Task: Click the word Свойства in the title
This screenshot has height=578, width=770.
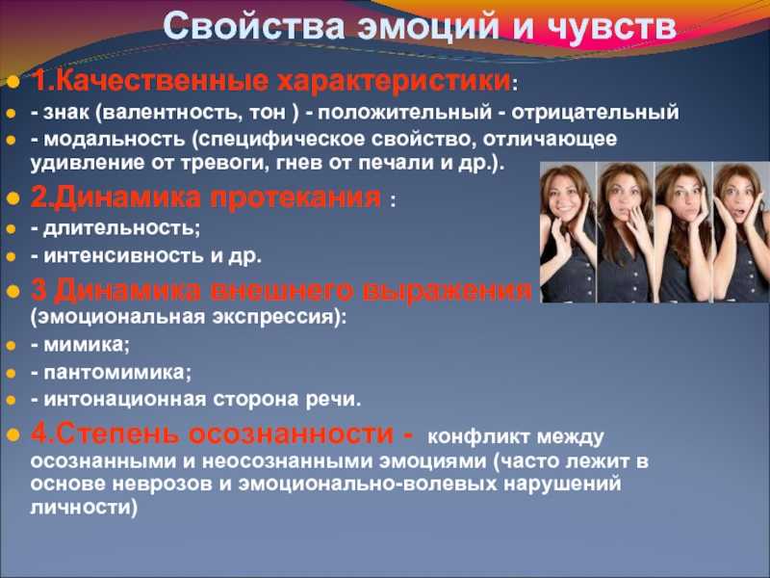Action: pos(253,26)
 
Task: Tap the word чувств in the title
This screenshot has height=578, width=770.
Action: pos(611,27)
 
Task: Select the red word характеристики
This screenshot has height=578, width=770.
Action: pos(394,81)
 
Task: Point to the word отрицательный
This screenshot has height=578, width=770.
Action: pos(595,113)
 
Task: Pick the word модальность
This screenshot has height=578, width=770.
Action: pos(115,139)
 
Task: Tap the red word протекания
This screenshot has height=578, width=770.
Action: pos(295,197)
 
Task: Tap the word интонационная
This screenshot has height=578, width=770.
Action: pos(125,399)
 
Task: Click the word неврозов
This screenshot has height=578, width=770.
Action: pos(162,485)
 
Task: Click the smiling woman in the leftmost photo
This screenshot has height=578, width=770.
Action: pos(568,232)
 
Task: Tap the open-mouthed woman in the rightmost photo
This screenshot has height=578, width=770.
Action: pos(741,232)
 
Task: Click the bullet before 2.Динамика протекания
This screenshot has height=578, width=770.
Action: pos(13,198)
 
